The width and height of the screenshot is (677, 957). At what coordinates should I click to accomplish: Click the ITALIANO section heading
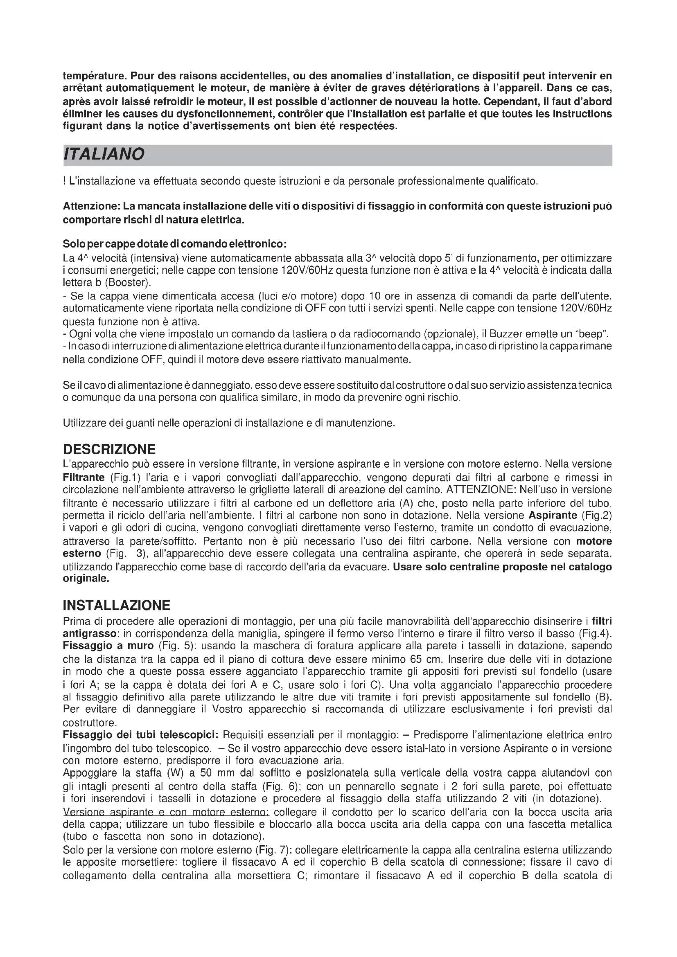pos(104,154)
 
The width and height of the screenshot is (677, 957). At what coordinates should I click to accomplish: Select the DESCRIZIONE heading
pos(109,449)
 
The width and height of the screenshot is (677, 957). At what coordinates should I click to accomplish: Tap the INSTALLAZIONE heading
pos(116,605)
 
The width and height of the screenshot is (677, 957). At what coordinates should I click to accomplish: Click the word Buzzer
pos(505,334)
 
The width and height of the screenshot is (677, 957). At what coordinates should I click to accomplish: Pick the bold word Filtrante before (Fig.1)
pos(83,477)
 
